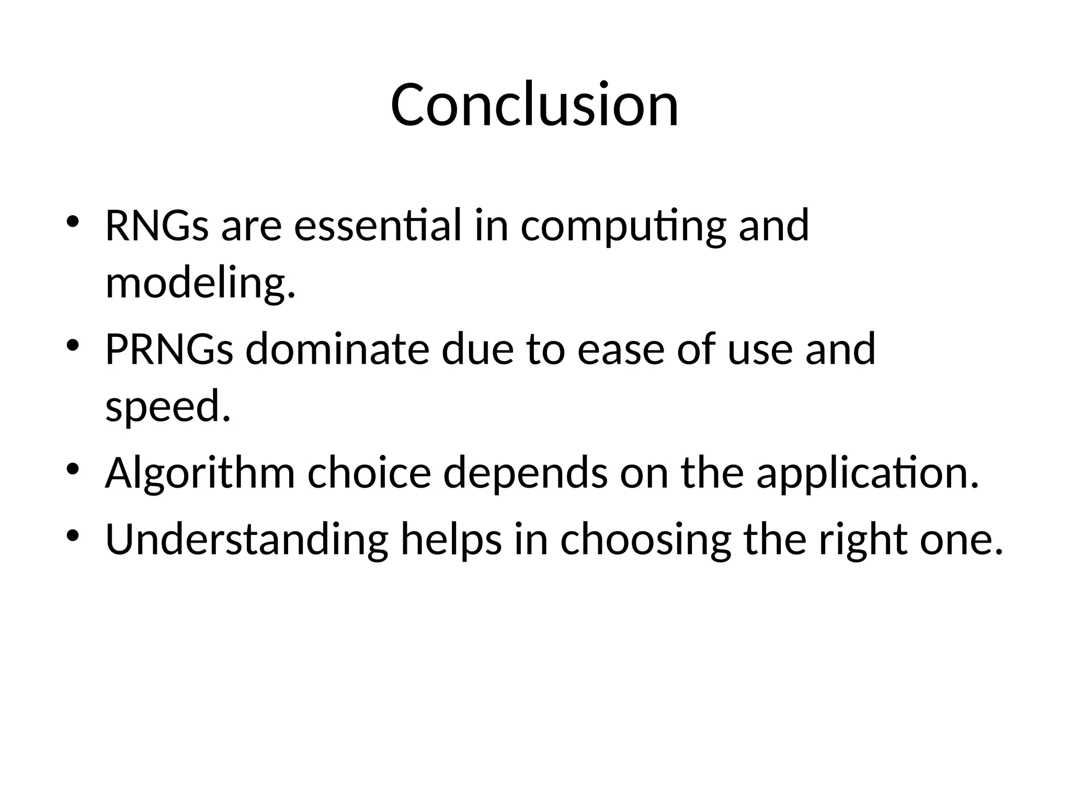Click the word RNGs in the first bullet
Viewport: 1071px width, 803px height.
pos(157,226)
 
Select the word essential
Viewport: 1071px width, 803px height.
pos(378,226)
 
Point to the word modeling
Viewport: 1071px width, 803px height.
pos(200,284)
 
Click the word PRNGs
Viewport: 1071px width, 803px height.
pos(169,349)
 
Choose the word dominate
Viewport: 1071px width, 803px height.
pos(337,349)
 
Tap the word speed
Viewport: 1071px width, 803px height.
pos(167,408)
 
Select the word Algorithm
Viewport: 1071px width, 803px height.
pos(200,474)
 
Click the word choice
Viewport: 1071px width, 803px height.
pos(369,473)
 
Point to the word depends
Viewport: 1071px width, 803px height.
pos(526,474)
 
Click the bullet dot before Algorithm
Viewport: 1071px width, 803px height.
pos(72,468)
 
